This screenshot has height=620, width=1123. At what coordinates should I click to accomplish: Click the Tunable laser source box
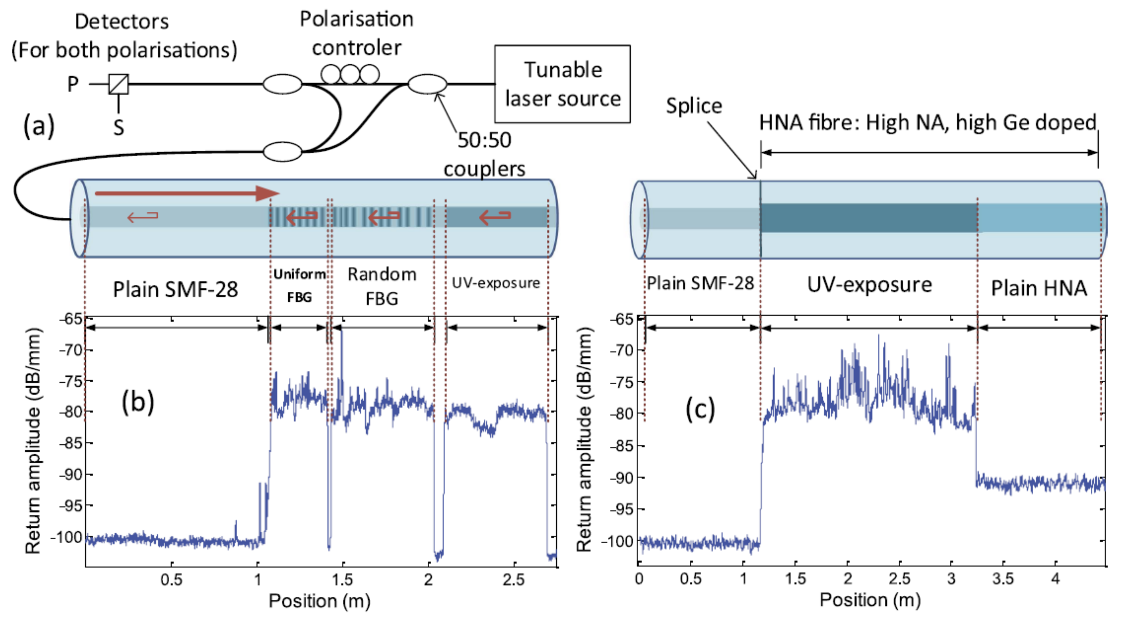tap(562, 84)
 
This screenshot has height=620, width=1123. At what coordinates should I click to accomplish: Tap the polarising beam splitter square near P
tap(119, 84)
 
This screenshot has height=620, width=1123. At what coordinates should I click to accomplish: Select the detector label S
tap(119, 128)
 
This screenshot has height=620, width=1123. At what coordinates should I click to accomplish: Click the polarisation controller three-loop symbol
tap(350, 74)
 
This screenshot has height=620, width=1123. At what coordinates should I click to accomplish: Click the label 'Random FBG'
tap(382, 286)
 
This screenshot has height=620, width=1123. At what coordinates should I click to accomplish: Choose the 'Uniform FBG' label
tap(299, 285)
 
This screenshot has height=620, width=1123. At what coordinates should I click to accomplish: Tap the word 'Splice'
tap(694, 106)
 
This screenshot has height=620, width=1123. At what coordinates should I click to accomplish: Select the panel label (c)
tap(700, 409)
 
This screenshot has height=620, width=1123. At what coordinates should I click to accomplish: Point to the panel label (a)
tap(39, 126)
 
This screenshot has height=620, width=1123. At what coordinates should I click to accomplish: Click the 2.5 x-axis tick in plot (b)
tap(514, 579)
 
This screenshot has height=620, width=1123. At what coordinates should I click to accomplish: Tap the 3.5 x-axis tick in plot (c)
tap(1003, 579)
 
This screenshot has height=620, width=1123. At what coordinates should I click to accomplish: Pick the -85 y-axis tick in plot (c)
tap(621, 446)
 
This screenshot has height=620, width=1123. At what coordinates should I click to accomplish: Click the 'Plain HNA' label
tap(1039, 288)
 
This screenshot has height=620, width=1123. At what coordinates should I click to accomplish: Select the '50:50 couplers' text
tap(484, 155)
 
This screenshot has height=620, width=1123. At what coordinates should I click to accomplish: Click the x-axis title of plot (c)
tap(870, 600)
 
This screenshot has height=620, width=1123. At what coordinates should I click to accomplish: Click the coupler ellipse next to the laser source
tap(427, 84)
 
